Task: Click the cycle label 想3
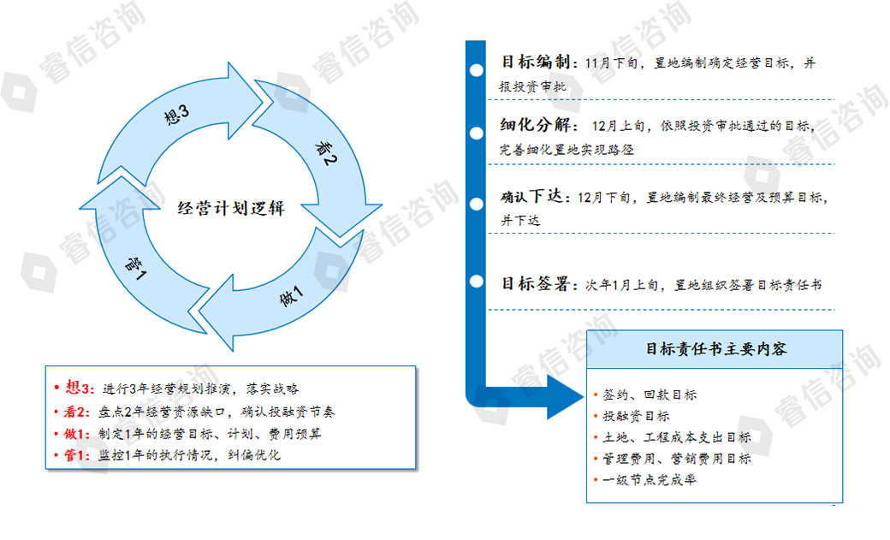point(176,114)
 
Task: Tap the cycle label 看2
point(326,153)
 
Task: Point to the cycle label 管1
point(136,269)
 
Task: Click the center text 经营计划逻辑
point(230,208)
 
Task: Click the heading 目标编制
point(536,62)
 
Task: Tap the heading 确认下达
point(531,197)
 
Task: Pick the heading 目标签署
point(536,283)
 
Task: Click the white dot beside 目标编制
point(477,70)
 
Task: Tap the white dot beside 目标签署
point(477,281)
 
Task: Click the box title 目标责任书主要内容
point(716,348)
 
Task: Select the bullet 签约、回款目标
point(650,395)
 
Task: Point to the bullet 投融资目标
point(636,416)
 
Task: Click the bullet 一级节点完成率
point(650,480)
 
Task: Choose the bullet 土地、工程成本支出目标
point(677,437)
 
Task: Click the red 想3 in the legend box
point(79,388)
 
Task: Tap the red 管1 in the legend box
point(76,455)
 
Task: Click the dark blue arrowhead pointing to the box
point(566,397)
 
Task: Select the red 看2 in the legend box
point(76,412)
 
